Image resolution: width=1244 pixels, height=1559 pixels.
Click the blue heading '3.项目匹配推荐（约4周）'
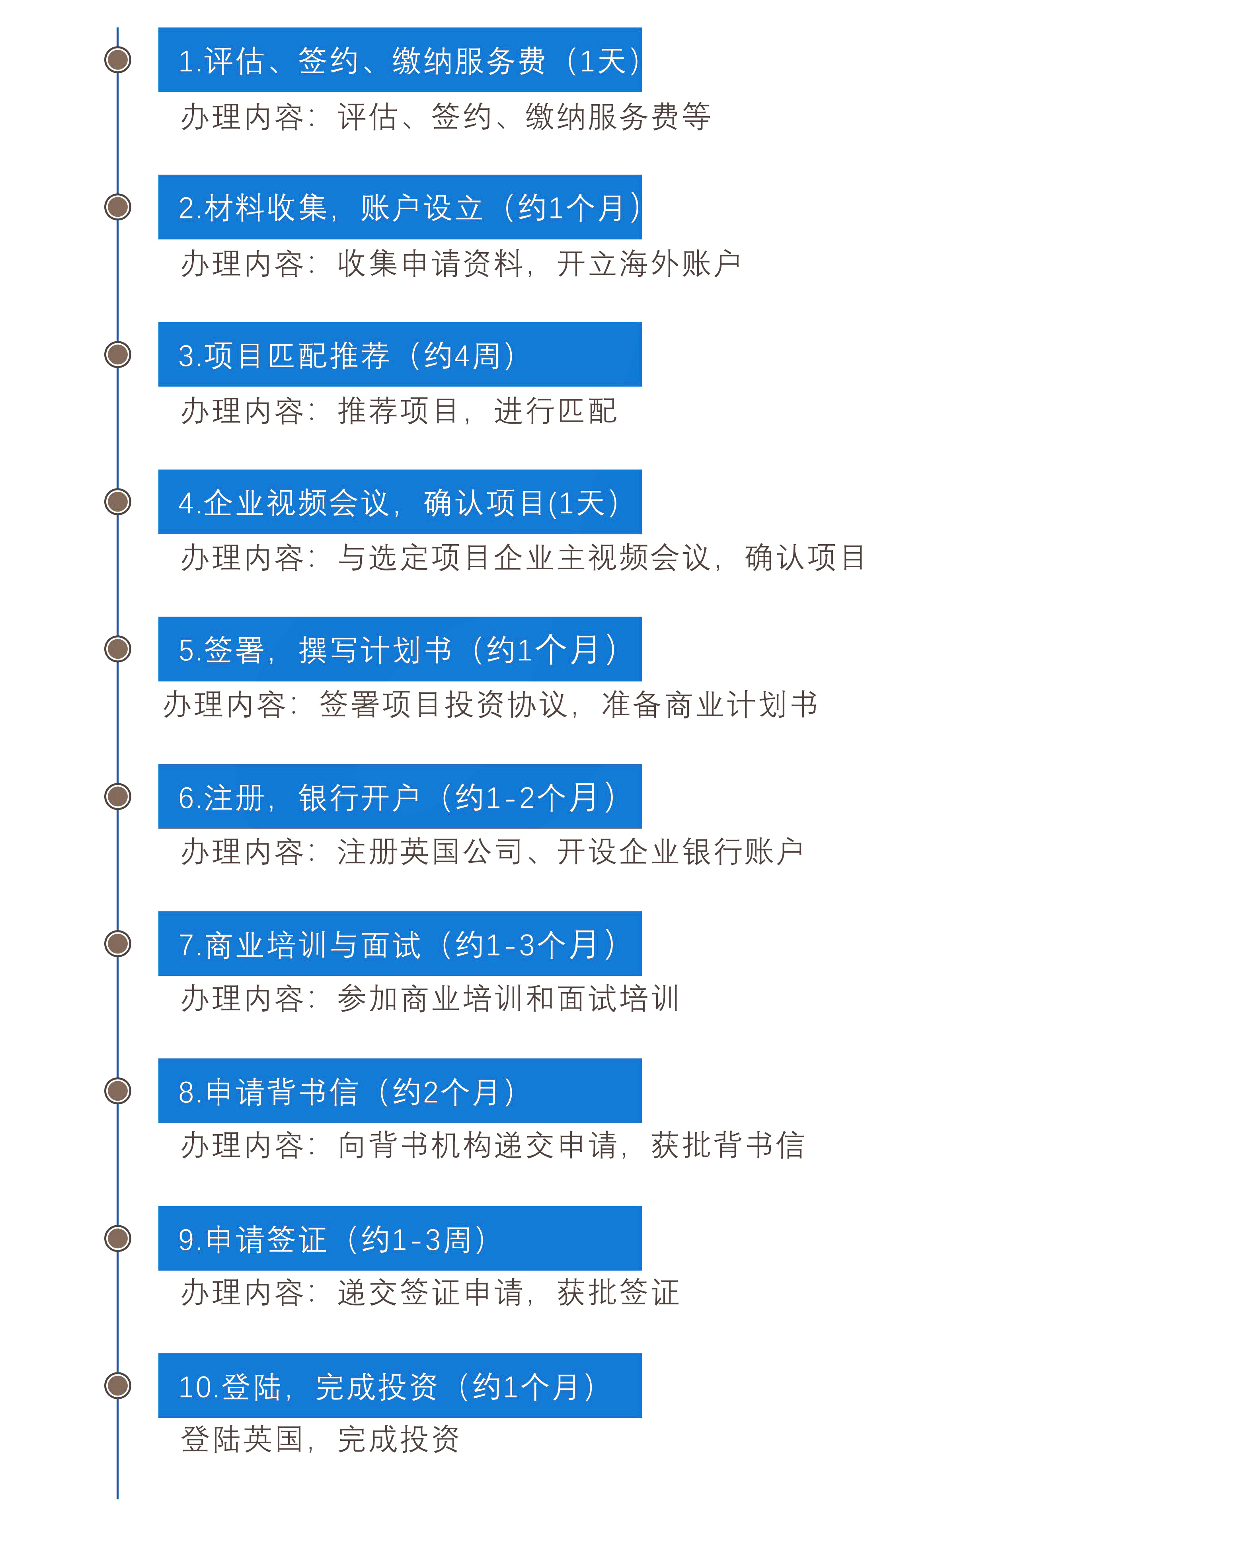[x=347, y=355]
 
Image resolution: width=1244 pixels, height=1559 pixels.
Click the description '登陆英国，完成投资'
[x=320, y=1439]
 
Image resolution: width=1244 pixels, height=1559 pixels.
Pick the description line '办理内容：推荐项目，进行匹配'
[x=398, y=411]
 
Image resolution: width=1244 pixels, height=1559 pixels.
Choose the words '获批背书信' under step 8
[x=727, y=1144]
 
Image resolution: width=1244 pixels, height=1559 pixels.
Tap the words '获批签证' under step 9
[x=618, y=1292]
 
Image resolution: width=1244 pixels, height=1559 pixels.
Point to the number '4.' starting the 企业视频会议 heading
[x=190, y=503]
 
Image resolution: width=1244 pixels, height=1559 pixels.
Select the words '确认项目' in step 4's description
[x=805, y=557]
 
